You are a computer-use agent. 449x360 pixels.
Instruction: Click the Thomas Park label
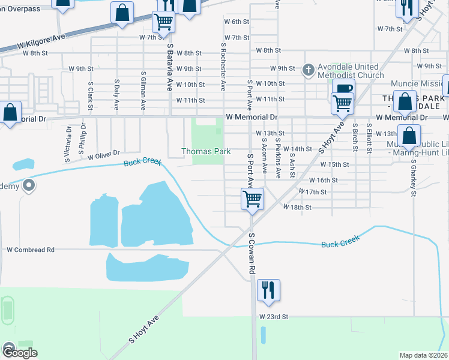[206, 152]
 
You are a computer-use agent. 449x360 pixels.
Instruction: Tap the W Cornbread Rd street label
[31, 250]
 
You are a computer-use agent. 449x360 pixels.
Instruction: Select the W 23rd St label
[274, 316]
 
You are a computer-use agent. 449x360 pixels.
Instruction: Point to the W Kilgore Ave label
[41, 42]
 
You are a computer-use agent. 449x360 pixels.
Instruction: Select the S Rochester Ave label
[223, 67]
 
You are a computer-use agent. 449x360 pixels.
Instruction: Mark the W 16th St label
[324, 180]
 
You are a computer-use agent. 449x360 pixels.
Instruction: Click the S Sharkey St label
[414, 178]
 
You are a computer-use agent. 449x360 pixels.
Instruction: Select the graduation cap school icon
[29, 186]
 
